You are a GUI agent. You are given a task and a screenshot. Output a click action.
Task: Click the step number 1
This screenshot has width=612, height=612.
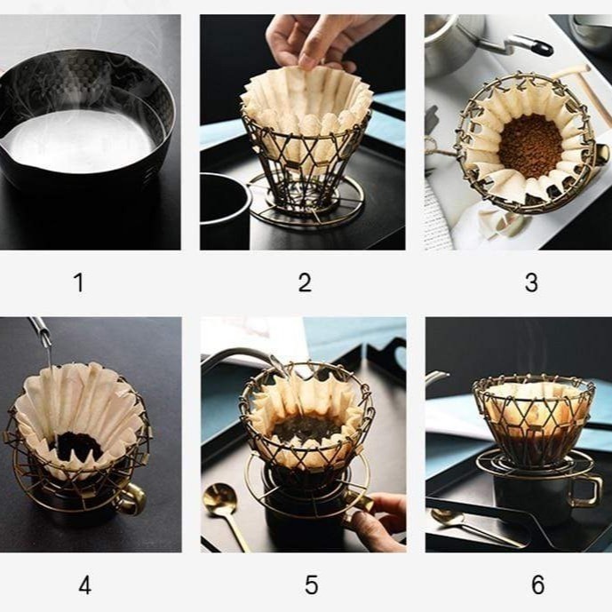[x=79, y=282]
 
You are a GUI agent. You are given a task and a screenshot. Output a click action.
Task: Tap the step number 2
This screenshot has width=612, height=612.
[x=305, y=282]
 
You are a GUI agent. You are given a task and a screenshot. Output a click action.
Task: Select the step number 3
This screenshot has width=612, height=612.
[x=531, y=282]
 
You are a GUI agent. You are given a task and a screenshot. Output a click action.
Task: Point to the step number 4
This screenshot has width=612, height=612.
[x=85, y=585]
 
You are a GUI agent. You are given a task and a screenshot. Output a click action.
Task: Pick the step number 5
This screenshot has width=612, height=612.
[x=311, y=585]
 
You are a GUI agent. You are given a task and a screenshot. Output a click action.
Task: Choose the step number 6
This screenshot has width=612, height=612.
[x=538, y=585]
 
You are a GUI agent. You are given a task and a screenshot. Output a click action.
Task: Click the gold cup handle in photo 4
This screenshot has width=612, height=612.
[x=134, y=499]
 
